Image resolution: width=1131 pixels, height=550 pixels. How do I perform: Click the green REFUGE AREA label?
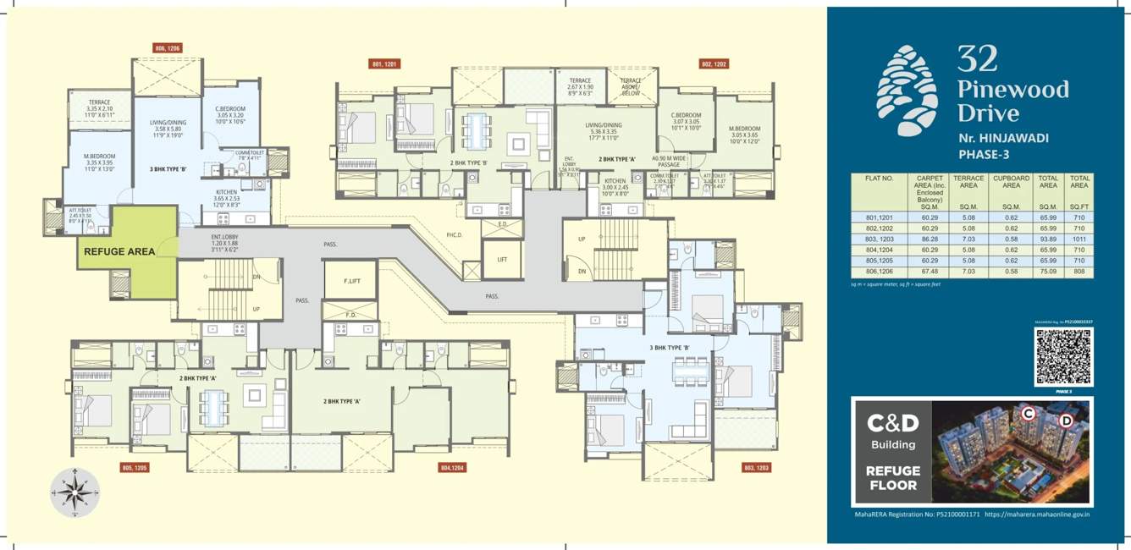119,251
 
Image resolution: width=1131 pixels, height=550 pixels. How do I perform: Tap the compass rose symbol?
74,492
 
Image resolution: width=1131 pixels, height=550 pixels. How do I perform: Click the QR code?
1063,356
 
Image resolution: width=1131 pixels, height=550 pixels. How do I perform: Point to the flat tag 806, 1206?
168,49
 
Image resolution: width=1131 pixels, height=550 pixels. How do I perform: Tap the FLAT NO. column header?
880,179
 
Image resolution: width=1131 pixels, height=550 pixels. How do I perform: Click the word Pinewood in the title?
1012,90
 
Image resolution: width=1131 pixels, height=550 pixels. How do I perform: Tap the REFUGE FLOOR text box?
892,478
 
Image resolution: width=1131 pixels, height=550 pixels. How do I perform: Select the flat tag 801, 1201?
385,63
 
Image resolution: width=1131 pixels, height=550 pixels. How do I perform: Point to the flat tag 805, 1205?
135,467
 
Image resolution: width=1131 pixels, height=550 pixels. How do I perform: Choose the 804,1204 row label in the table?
880,250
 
